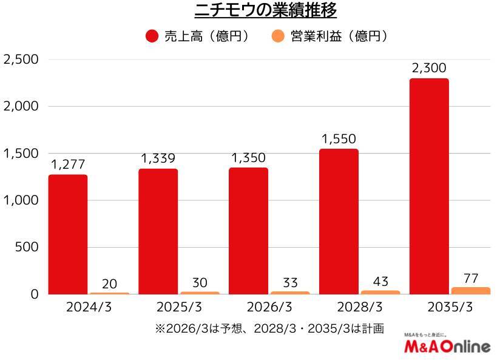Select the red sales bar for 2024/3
tap(68, 234)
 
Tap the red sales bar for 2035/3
tap(429, 185)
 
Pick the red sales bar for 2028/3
tap(339, 221)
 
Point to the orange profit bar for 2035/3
tap(470, 291)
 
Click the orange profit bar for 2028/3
tap(380, 292)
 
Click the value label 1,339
tap(158, 159)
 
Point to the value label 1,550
tap(339, 140)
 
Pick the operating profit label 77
tap(470, 279)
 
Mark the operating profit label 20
tap(109, 284)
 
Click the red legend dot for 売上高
tap(152, 36)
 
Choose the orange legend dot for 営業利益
tap(277, 36)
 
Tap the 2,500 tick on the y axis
tap(21, 59)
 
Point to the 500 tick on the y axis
tap(28, 247)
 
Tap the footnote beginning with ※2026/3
tap(269, 328)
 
